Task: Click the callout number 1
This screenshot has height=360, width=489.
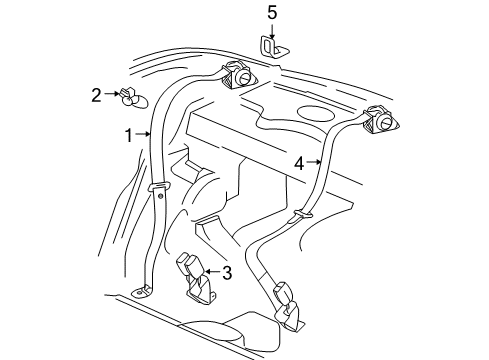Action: (x=128, y=134)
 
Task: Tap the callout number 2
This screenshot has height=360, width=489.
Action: (x=97, y=95)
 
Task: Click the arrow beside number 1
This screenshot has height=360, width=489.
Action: (x=142, y=134)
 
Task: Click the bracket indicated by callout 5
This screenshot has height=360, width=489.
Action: (x=274, y=47)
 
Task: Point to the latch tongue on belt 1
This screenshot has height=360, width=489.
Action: (x=158, y=187)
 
